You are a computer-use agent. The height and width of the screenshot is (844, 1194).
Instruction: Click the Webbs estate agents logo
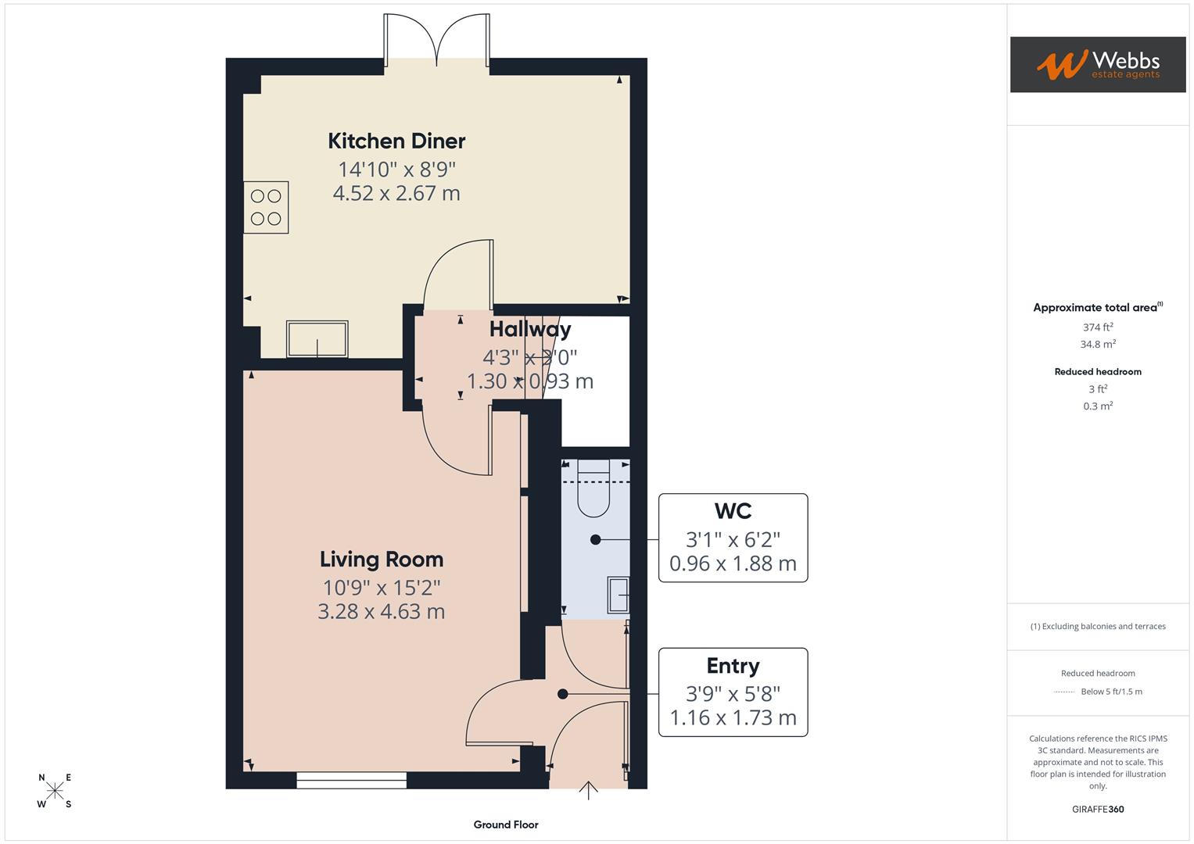pyautogui.click(x=1097, y=65)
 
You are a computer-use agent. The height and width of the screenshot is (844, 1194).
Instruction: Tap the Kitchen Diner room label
pyautogui.click(x=396, y=141)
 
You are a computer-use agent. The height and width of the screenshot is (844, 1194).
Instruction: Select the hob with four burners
pyautogui.click(x=266, y=207)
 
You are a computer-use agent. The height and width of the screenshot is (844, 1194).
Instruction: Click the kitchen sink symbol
pyautogui.click(x=317, y=339)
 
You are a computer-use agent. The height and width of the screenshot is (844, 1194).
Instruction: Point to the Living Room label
pyautogui.click(x=382, y=560)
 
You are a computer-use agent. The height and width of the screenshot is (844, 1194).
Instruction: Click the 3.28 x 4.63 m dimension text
pyautogui.click(x=382, y=611)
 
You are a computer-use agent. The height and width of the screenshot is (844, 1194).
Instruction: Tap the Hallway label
pyautogui.click(x=530, y=329)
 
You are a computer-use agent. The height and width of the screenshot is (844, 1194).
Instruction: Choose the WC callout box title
pyautogui.click(x=733, y=511)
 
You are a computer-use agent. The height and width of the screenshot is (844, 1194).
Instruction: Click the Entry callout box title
pyautogui.click(x=733, y=666)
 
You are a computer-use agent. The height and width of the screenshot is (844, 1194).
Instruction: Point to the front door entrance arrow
pyautogui.click(x=588, y=790)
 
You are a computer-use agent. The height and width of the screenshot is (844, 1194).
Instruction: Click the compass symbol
pyautogui.click(x=55, y=791)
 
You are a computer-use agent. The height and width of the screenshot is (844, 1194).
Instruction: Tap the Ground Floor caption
pyautogui.click(x=506, y=824)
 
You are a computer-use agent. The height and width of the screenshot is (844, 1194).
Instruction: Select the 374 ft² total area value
pyautogui.click(x=1097, y=327)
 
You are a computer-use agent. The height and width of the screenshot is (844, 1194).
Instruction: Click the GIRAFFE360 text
pyautogui.click(x=1097, y=809)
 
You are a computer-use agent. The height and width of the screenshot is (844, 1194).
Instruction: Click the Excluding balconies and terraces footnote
pyautogui.click(x=1097, y=626)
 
